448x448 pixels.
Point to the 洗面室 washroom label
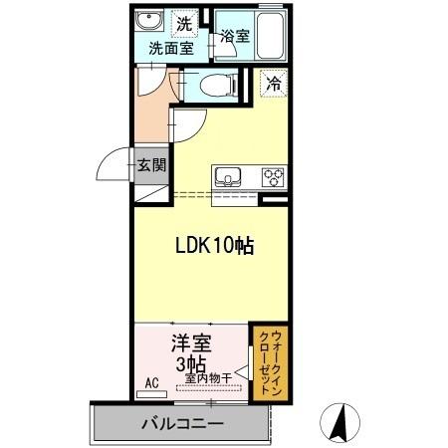pos(165,46)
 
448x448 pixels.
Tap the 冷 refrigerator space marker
pos(272,85)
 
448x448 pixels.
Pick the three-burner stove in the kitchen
pos(272,178)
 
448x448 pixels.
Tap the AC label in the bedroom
pos(152,382)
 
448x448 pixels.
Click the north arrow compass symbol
pos(341,423)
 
